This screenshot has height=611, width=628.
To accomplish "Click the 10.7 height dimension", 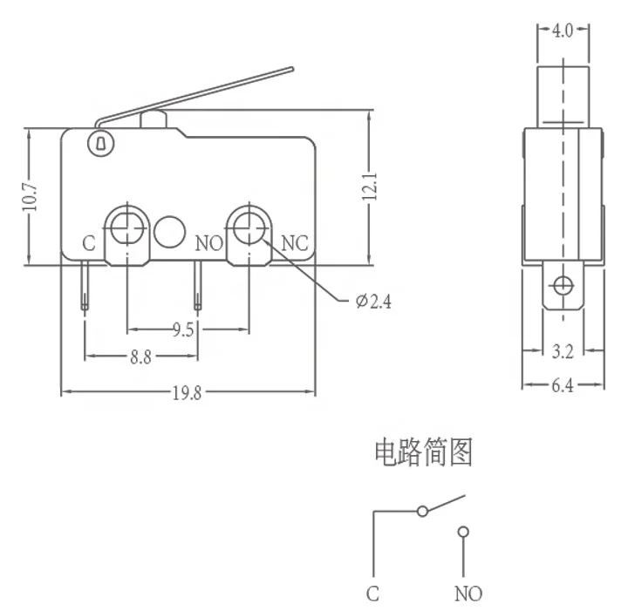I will [x=29, y=198].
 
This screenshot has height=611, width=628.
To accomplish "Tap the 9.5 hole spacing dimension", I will [x=183, y=329].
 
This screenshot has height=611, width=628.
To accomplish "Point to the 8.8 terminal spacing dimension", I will [x=140, y=356].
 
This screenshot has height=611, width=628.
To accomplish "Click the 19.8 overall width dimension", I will [x=186, y=393].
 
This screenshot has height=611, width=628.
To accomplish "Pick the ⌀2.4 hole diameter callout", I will [x=374, y=302].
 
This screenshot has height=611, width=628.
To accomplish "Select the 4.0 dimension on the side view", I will [x=562, y=32].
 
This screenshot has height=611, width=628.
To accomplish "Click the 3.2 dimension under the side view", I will [x=563, y=352].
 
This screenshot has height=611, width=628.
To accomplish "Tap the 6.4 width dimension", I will [x=563, y=385].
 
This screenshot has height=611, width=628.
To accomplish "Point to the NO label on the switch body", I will [x=209, y=243].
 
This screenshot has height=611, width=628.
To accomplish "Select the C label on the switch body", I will [x=88, y=243].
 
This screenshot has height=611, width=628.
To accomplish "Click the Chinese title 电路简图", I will [x=423, y=453].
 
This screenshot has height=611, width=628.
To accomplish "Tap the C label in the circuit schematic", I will [x=372, y=594].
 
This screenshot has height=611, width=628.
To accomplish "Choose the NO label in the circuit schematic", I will [x=468, y=594].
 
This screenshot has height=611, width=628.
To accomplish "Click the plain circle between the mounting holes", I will [x=170, y=230].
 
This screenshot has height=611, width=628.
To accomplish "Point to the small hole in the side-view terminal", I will [x=563, y=286].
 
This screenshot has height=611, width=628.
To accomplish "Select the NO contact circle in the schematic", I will [x=462, y=531].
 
